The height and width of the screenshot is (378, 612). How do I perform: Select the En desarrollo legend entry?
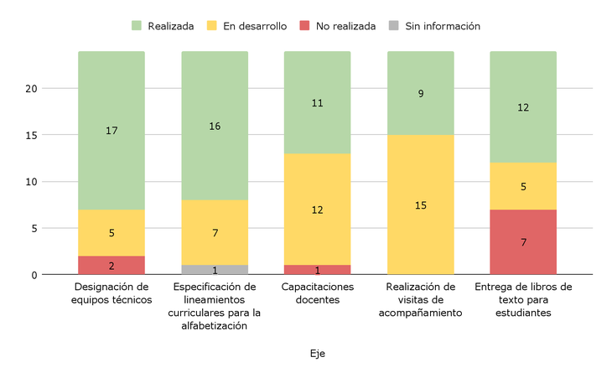tap(247, 26)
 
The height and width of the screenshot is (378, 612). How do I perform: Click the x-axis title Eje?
tap(317, 354)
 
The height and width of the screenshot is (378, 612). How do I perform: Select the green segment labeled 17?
tap(112, 131)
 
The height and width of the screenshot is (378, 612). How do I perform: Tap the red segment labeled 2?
tap(112, 265)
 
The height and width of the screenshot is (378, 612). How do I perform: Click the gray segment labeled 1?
tap(215, 270)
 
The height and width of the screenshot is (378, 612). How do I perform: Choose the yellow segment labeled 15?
tap(420, 205)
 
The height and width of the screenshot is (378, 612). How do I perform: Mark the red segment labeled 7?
tap(523, 241)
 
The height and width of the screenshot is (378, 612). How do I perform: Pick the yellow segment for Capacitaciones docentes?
tap(317, 210)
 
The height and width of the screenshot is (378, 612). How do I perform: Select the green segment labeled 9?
tap(420, 93)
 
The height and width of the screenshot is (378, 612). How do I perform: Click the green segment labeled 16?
tap(215, 126)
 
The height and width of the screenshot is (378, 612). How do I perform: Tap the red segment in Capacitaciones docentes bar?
tap(317, 270)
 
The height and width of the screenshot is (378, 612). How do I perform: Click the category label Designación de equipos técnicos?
tap(112, 293)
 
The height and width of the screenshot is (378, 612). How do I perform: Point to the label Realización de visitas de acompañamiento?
tap(420, 300)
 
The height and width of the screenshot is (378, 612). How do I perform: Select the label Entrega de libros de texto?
tap(523, 300)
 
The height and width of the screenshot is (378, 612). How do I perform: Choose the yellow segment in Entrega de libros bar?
tap(523, 186)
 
